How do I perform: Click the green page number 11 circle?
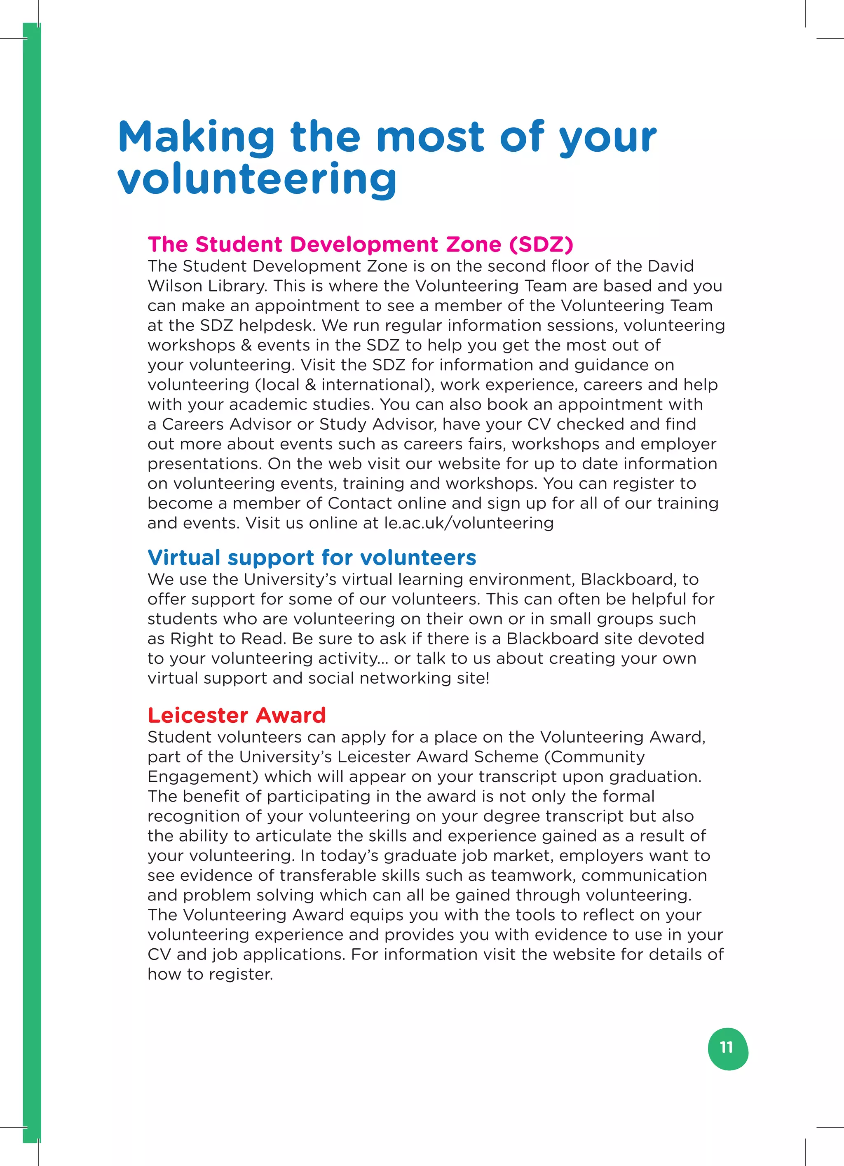728,1049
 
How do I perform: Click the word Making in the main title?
196,137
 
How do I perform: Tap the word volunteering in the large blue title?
257,179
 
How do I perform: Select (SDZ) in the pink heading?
541,245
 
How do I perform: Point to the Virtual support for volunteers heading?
312,558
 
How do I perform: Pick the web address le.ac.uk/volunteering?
469,523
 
